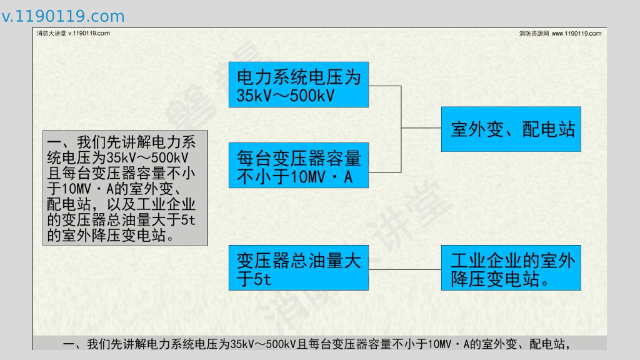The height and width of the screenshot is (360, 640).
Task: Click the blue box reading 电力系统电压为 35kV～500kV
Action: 298,84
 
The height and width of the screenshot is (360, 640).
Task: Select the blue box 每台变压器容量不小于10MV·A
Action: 298,166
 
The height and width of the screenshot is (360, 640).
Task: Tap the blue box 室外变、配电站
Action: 511,129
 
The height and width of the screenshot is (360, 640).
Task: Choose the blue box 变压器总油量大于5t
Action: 298,268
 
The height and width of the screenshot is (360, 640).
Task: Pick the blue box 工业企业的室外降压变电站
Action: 511,268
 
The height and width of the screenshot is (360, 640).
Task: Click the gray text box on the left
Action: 125,187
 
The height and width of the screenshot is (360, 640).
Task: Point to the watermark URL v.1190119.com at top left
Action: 63,16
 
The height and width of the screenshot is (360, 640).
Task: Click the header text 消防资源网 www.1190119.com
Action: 560,33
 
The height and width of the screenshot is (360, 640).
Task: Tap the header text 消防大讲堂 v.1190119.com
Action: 73,33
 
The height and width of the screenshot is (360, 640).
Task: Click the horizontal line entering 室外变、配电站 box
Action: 421,127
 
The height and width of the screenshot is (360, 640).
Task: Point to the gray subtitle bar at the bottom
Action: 319,343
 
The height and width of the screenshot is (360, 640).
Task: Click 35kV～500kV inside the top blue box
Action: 286,96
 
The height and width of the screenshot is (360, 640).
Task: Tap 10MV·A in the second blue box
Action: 322,177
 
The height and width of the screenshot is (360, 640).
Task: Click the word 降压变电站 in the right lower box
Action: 494,279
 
